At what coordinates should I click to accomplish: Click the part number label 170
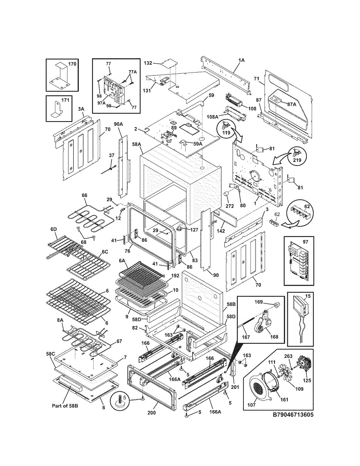[72, 64]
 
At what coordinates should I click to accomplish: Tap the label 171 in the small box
[66, 100]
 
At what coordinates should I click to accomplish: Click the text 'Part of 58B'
[65, 406]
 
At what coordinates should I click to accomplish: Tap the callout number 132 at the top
[148, 63]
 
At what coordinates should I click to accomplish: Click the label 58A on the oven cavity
[136, 144]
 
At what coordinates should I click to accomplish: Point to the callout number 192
[175, 276]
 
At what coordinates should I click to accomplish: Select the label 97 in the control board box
[305, 242]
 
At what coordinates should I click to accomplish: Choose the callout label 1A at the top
[241, 60]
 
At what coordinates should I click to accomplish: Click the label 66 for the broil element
[85, 195]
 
